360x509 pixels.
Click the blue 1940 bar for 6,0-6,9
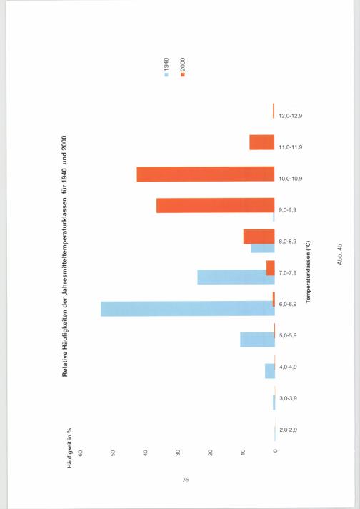188,309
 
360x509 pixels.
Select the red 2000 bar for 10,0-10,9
206,174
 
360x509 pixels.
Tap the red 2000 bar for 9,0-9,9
215,205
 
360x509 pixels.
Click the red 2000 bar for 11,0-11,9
262,142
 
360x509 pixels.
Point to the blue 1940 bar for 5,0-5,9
258,340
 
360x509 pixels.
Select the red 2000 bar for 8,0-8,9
259,237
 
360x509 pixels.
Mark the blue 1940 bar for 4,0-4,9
270,371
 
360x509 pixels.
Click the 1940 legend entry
166,67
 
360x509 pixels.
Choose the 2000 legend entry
183,67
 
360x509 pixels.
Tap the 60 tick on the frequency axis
81,453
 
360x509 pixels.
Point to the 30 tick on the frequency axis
178,453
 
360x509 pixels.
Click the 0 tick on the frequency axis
275,451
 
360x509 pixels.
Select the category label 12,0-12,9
291,116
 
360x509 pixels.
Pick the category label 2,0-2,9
288,430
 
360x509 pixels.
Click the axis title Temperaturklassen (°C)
308,272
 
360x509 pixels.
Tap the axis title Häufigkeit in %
69,448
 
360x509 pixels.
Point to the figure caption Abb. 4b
339,254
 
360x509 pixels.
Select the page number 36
186,480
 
